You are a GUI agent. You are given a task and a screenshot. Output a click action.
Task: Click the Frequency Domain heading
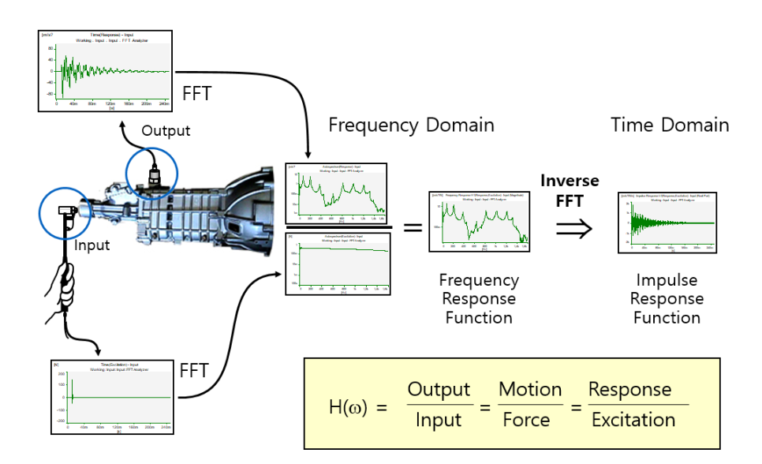coord(411,125)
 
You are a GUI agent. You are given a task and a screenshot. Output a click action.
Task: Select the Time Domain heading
coord(670,125)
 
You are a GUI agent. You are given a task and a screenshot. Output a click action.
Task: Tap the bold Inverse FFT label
coord(569,190)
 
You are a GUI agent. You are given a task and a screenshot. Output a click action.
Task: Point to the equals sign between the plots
coord(412,227)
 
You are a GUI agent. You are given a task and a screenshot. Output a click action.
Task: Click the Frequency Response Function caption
coord(479,298)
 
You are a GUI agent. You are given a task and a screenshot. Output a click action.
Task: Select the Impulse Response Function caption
coord(667,298)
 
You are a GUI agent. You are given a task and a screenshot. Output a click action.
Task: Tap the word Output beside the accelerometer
coord(166,129)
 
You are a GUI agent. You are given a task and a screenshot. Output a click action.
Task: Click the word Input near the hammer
coord(92,245)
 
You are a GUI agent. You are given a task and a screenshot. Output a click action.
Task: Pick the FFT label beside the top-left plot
coord(197,93)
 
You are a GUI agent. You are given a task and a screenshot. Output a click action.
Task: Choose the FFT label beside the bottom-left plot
coord(195,370)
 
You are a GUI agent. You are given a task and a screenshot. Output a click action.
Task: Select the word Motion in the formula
coord(530,390)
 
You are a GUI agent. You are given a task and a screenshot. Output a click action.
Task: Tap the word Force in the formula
coord(527,419)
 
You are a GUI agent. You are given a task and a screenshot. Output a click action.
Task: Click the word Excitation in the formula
coord(633,419)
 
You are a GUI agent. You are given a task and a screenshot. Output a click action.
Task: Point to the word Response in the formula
coord(629,390)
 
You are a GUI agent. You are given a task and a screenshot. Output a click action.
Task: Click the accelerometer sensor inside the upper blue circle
coord(154,174)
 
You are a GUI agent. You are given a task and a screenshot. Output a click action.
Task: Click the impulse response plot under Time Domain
coord(667,222)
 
